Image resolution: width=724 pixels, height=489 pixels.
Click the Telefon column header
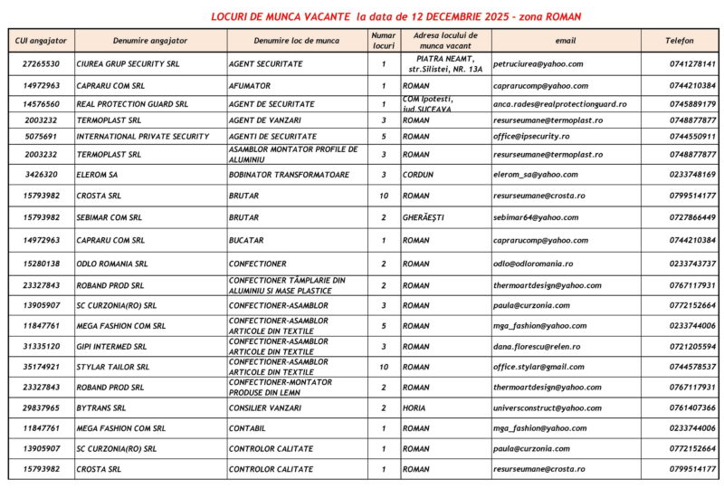click(680, 41)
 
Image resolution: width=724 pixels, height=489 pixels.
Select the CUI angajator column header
click(42, 41)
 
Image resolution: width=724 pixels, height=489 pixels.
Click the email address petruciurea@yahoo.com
click(538, 64)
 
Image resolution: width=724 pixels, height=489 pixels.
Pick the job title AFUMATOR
click(250, 86)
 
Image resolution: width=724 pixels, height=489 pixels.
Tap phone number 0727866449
click(693, 217)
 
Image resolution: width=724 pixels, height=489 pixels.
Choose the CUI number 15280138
click(42, 264)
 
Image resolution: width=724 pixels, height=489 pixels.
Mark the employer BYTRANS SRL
click(102, 408)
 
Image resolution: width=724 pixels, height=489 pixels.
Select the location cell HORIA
click(415, 408)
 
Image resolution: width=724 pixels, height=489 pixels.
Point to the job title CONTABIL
click(248, 428)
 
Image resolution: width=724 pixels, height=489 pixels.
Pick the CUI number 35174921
click(42, 367)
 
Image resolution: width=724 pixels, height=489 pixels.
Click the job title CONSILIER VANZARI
click(267, 408)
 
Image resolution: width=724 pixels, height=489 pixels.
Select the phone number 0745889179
click(693, 104)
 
